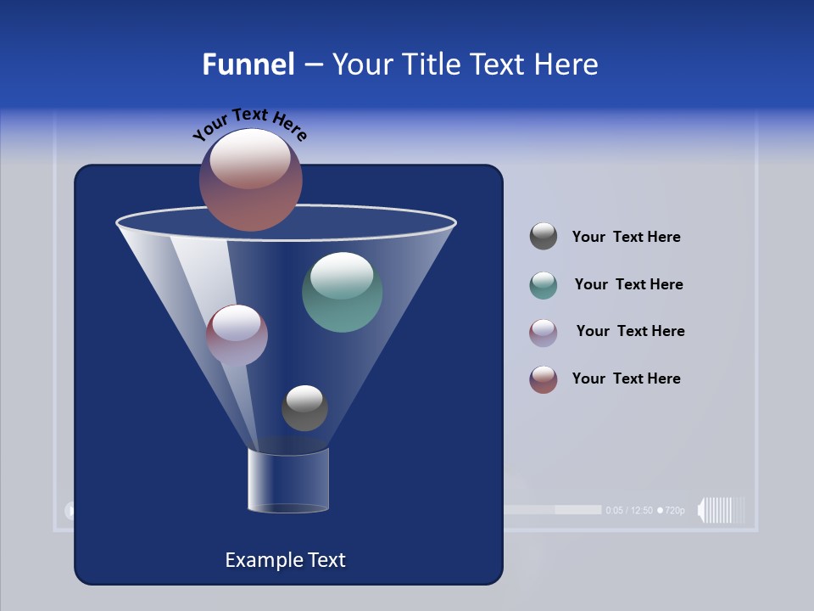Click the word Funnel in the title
coord(248,64)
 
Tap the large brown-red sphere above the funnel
coord(251,179)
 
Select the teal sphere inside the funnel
coord(342,292)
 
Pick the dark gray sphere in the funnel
coord(304,408)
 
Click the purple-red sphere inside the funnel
coord(237,334)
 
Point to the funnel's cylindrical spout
coord(288,480)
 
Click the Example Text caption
coord(285,560)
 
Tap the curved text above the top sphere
coord(249,123)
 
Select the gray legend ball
coord(544,237)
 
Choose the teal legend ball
coord(544,285)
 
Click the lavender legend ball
coord(544,333)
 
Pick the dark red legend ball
coord(544,379)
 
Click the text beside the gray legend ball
coord(626,237)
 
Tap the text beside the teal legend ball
coord(628,284)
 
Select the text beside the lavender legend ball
coord(630,331)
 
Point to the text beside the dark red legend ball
coord(626,378)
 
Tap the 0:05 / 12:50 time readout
coord(629,510)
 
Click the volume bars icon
coord(722,510)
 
